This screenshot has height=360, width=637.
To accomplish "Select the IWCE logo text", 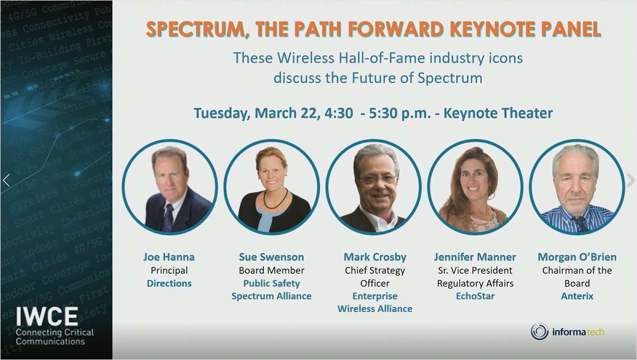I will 47,317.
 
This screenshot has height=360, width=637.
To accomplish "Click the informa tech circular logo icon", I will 539,332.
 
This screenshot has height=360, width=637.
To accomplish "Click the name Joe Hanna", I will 169,257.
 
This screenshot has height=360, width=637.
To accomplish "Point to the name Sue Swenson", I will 271,257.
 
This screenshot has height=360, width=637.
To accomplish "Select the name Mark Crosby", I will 375,257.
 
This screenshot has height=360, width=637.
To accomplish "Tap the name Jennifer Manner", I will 475,257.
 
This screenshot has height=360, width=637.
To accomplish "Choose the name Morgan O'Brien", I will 577,257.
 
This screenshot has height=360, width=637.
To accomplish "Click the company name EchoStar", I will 475,296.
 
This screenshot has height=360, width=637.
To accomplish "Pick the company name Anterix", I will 577,296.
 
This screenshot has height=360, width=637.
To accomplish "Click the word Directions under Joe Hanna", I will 169,283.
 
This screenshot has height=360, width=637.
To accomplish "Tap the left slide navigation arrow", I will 6,180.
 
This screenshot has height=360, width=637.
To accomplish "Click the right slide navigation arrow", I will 631,180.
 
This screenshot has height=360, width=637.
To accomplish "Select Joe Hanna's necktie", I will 169,217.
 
